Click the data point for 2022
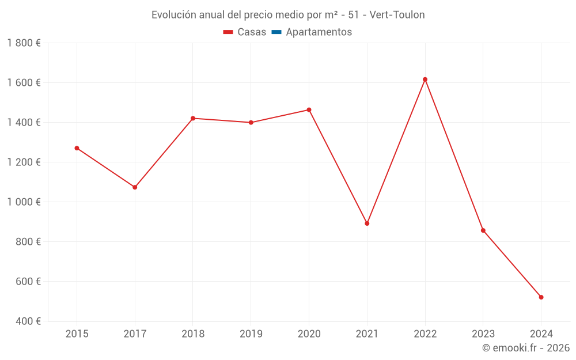(x=425, y=79)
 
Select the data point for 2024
(x=541, y=297)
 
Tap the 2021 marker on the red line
(x=367, y=223)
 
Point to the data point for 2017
(x=135, y=187)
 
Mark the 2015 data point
(x=77, y=148)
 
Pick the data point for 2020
(x=309, y=110)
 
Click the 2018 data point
(x=193, y=118)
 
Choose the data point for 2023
(x=483, y=230)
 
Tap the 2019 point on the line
(x=251, y=123)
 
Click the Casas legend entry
(x=245, y=32)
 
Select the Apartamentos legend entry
(x=312, y=32)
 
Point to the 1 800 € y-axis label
(x=24, y=43)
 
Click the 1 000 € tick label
(x=24, y=202)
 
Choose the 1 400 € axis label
(x=24, y=123)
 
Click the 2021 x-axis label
(x=367, y=334)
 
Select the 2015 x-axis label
(x=77, y=334)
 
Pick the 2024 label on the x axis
(x=541, y=334)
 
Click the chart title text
(x=288, y=15)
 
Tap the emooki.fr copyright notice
(x=526, y=348)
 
